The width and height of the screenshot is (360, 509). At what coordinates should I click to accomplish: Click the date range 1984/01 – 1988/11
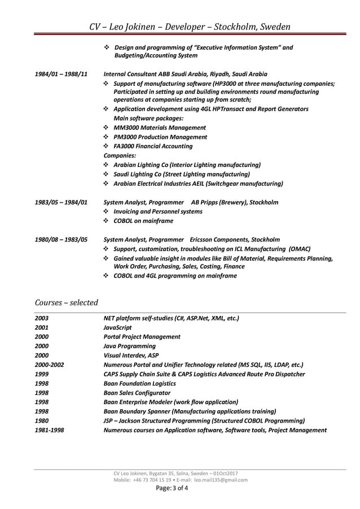click(61, 74)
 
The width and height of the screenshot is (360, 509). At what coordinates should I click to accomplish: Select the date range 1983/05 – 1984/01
click(61, 202)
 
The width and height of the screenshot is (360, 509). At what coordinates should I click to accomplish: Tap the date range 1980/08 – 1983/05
click(61, 239)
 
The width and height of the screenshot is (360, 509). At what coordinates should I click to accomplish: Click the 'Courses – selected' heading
click(66, 302)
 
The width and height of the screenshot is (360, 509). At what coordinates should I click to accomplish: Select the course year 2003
click(42, 318)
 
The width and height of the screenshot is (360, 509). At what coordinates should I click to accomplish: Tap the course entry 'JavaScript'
click(118, 327)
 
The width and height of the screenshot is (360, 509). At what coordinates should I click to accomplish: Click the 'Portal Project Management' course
click(142, 336)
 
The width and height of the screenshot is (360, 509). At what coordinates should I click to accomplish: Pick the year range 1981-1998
click(49, 429)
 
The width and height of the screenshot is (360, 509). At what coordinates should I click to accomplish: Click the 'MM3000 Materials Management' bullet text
click(160, 128)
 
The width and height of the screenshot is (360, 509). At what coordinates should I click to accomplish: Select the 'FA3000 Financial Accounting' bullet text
click(153, 146)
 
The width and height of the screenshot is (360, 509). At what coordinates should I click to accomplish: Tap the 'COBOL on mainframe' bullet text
click(143, 221)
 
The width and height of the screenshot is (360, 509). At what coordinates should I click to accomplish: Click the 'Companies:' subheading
click(120, 155)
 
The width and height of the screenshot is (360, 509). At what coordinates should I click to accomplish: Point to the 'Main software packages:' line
click(148, 119)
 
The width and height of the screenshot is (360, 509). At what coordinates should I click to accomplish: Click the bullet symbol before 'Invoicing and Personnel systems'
click(107, 212)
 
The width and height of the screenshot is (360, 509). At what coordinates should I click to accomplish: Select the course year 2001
click(42, 327)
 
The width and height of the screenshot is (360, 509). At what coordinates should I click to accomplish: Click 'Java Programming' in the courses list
click(130, 346)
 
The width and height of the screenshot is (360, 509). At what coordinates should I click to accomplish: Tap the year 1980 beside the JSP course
click(42, 420)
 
